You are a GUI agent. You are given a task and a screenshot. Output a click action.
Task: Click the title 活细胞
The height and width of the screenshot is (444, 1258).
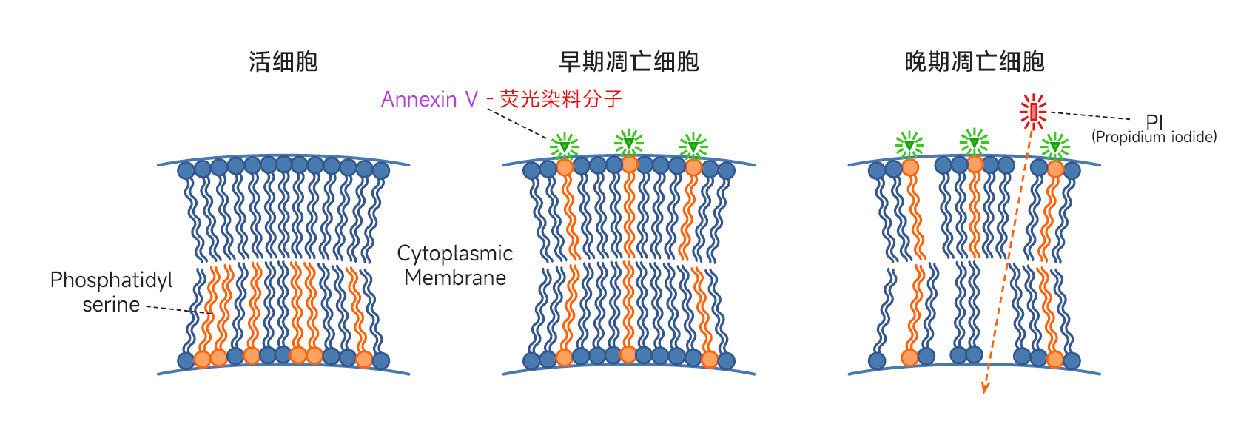[x=283, y=61]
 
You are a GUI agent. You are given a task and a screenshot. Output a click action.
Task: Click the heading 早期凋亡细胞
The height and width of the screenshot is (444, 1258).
[x=628, y=61]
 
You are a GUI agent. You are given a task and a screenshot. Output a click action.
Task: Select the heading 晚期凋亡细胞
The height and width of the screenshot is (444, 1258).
[x=974, y=61]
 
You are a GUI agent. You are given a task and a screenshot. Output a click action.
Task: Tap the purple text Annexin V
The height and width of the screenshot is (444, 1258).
[x=429, y=99]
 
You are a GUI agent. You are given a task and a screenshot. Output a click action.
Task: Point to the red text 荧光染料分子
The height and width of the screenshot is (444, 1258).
[x=561, y=99]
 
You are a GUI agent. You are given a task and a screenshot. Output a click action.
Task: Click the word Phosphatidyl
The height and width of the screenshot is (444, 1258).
[x=111, y=280]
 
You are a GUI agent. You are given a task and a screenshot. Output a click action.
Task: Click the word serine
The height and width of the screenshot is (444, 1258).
[x=111, y=305]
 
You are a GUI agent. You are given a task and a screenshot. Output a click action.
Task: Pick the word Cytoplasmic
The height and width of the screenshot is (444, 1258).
[x=454, y=254]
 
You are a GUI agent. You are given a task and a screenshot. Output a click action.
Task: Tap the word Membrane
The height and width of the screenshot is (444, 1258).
[x=455, y=278]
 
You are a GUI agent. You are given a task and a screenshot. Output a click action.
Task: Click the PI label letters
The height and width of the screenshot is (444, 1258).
[x=1154, y=121]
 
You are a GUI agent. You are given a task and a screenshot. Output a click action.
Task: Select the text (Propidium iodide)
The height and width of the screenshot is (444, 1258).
[x=1154, y=137]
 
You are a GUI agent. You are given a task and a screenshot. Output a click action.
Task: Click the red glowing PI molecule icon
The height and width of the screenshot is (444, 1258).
[x=1033, y=112]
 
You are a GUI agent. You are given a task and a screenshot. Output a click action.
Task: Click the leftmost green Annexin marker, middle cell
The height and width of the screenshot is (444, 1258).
[x=565, y=146]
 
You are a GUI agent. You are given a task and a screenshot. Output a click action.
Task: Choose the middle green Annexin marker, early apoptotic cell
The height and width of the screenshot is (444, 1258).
[x=629, y=142]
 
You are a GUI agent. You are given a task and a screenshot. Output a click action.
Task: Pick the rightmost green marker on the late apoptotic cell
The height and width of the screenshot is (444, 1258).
[x=1055, y=147]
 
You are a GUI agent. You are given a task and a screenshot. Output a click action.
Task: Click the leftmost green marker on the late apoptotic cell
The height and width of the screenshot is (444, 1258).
[x=909, y=145]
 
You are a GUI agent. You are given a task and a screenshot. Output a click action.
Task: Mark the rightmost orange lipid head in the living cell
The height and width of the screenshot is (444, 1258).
[x=364, y=360]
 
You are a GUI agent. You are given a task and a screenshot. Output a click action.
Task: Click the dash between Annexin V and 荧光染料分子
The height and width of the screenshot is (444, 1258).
[x=490, y=100]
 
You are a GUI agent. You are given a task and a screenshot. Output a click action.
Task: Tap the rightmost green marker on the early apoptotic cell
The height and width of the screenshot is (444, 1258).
[x=693, y=146]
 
